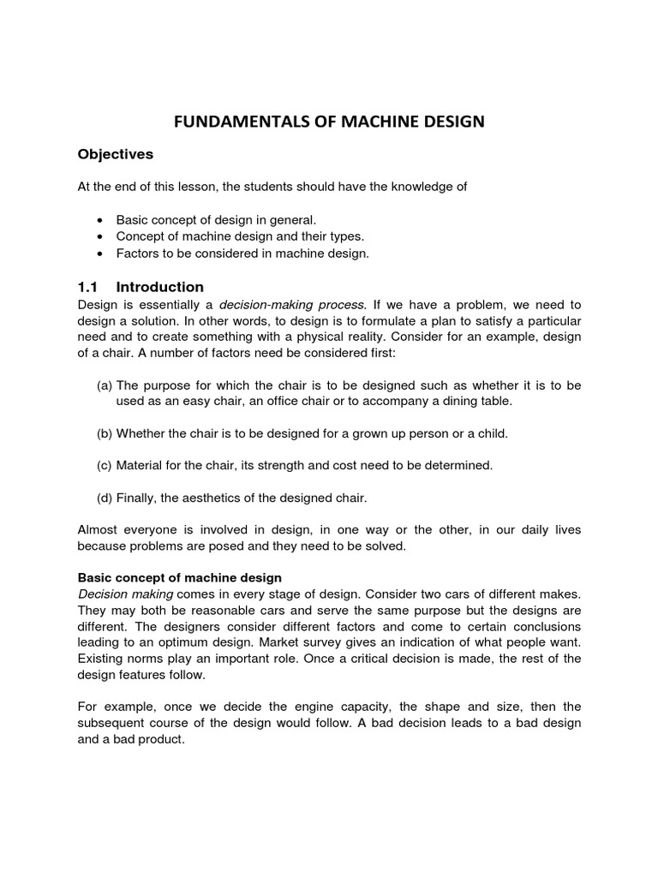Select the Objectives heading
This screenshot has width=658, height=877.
click(x=115, y=155)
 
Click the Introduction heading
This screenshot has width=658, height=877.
click(x=159, y=287)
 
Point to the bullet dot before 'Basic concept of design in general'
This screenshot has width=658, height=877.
click(x=100, y=220)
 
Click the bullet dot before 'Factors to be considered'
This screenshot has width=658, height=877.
click(x=100, y=254)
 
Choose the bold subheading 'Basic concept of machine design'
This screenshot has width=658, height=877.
click(x=179, y=578)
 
